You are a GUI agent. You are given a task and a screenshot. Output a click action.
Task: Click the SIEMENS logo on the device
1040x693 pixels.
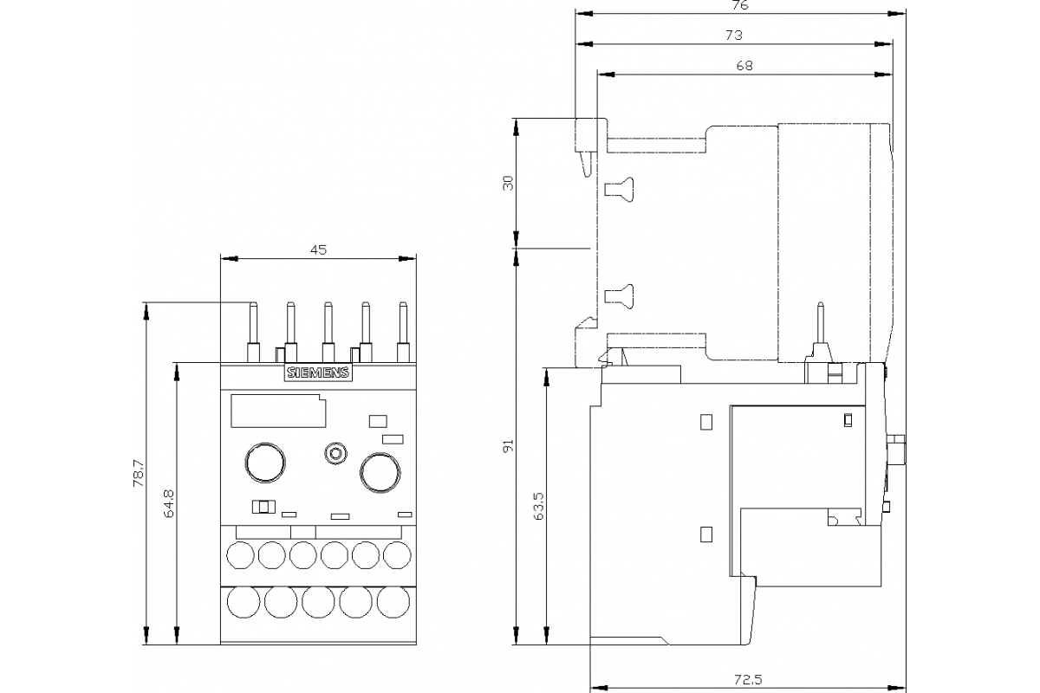(x=318, y=373)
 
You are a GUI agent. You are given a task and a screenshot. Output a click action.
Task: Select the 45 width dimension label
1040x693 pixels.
(x=318, y=249)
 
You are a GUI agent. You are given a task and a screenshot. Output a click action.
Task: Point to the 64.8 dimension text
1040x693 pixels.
(x=169, y=503)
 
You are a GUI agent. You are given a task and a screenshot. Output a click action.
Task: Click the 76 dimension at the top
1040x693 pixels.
(x=739, y=6)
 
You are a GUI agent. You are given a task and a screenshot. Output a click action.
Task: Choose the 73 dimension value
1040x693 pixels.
(x=733, y=36)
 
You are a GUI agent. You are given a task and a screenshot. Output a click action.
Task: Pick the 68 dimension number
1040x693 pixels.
(x=744, y=66)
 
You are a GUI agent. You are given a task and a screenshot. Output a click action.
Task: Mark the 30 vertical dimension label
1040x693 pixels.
(x=509, y=183)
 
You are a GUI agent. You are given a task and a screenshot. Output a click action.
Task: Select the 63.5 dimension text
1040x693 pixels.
(x=538, y=506)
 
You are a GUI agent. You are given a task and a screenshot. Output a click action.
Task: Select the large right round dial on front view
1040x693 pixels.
(x=380, y=471)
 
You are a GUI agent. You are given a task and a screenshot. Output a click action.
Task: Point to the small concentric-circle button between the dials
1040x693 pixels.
(x=334, y=453)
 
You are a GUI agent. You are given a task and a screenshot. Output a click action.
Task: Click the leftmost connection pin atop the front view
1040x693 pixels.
(x=254, y=330)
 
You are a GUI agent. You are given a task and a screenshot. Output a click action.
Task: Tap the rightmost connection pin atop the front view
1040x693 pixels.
(x=402, y=330)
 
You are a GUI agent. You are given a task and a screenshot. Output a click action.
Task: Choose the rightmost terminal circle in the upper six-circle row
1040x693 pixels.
(x=397, y=554)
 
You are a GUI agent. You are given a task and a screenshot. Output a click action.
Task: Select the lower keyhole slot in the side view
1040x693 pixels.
(x=620, y=295)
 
